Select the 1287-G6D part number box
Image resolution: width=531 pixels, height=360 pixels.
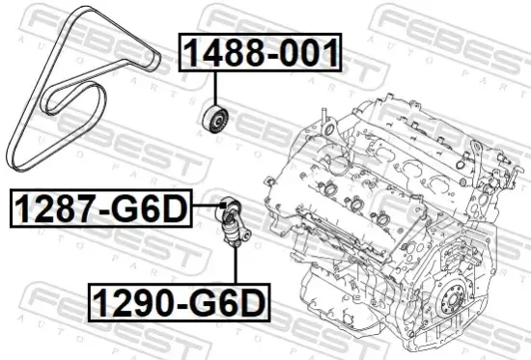point(100,208)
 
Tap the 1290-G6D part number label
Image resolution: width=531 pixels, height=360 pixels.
point(179,304)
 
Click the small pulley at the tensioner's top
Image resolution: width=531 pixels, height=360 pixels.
point(229,205)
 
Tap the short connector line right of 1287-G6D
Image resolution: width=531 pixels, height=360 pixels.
point(205,205)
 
